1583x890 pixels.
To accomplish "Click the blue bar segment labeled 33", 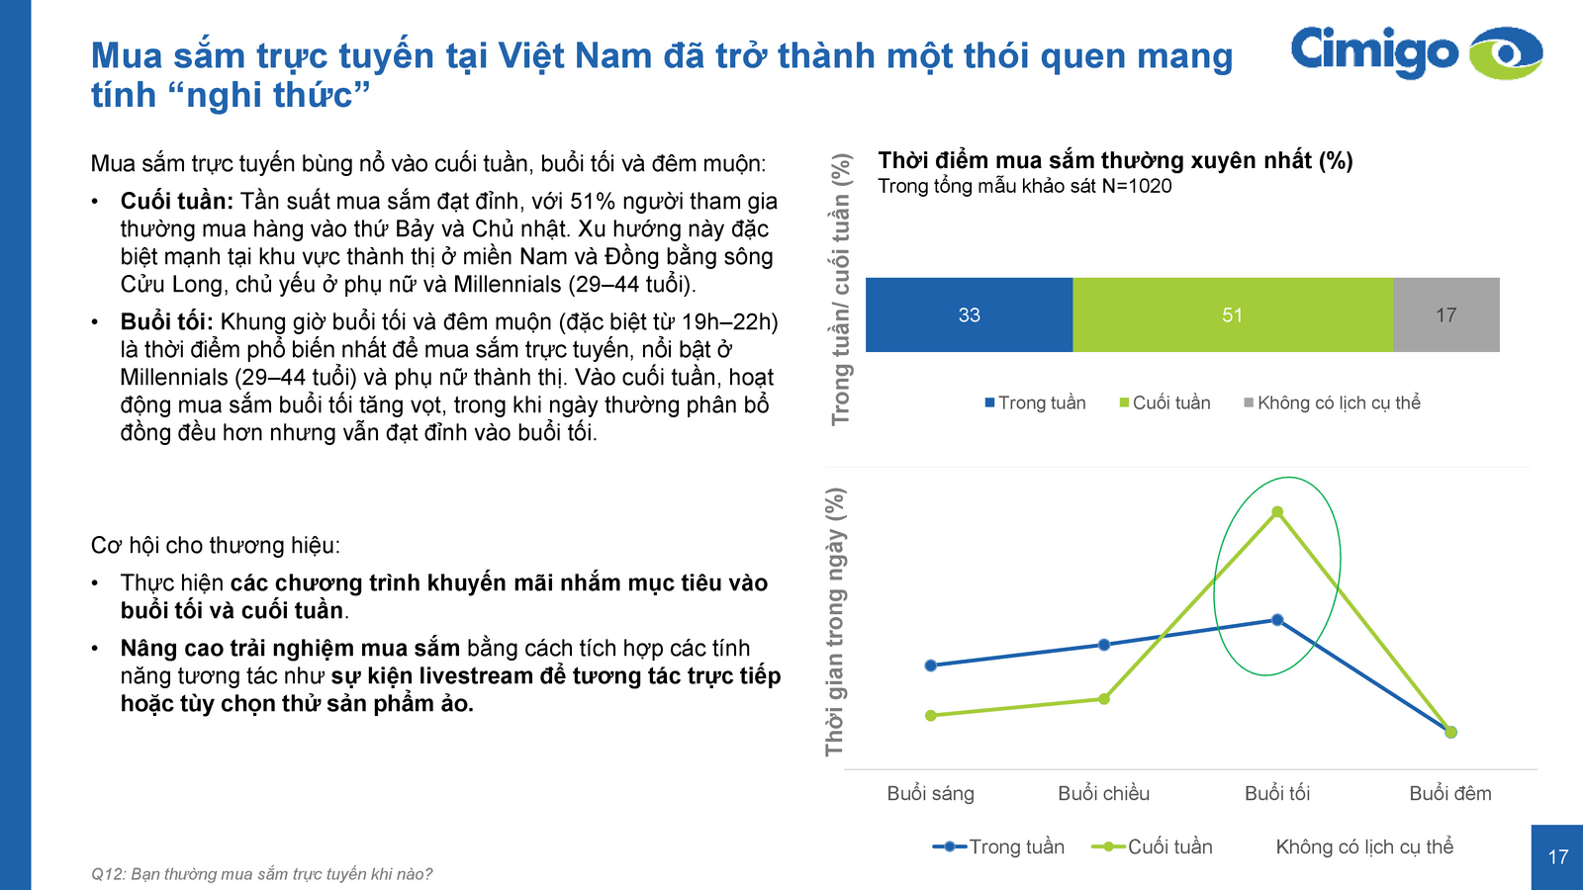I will click(969, 314).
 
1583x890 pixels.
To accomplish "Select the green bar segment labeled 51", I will click(1232, 314).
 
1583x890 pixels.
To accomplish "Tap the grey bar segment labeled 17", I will click(1445, 314).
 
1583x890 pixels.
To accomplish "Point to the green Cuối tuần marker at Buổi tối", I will click(1277, 512).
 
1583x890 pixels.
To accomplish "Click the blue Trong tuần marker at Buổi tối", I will click(1277, 620).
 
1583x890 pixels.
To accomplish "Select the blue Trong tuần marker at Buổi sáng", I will click(930, 666).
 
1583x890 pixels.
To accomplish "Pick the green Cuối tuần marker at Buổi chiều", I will click(1104, 699).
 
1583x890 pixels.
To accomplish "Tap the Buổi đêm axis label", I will click(1449, 793).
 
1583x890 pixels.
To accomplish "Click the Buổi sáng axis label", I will click(930, 793).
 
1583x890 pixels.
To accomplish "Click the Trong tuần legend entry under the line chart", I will click(999, 846).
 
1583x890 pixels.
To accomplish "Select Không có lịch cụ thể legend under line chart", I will click(1363, 846).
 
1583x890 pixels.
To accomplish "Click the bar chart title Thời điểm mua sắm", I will click(1115, 160).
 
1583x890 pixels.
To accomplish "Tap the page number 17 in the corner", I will click(1557, 857).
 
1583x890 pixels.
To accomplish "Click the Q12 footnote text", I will click(261, 874).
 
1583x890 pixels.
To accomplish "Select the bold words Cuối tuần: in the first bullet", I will click(176, 202).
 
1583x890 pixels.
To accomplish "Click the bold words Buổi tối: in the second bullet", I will click(166, 322).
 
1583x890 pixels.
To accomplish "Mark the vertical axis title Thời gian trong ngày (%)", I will click(836, 621).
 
